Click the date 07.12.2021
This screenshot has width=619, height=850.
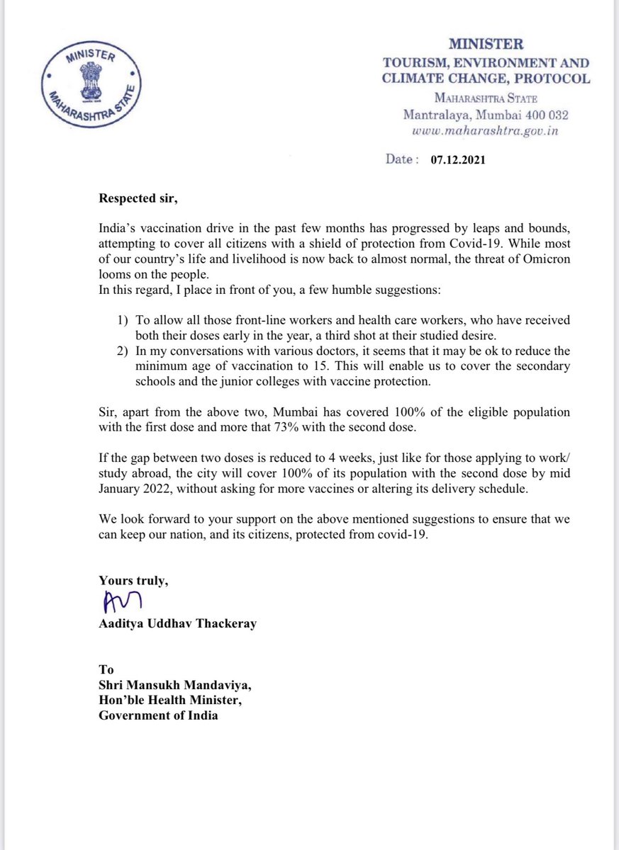pos(457,160)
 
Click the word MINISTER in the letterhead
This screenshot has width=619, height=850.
pos(486,45)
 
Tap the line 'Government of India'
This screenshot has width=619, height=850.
pos(158,715)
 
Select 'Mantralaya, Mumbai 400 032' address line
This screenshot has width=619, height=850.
pos(486,114)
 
